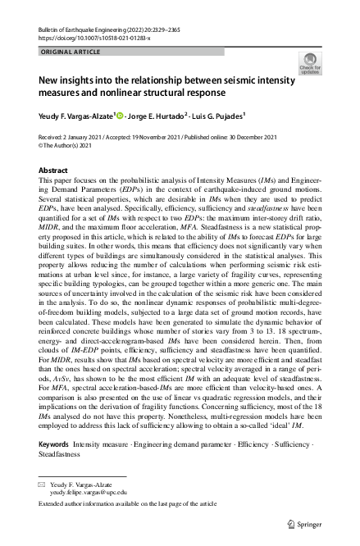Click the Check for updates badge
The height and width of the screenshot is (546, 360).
pyautogui.click(x=310, y=63)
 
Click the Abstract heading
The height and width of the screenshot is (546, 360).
pyautogui.click(x=53, y=170)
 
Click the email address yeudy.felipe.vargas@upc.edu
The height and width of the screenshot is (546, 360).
pyautogui.click(x=89, y=493)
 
